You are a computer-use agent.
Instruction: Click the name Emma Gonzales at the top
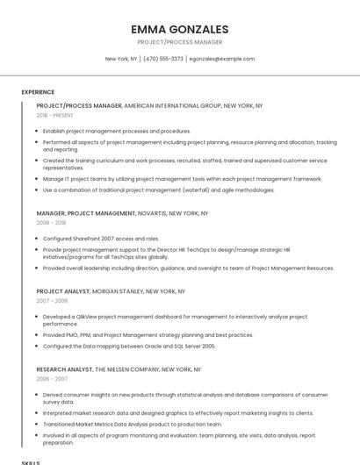coord(179,29)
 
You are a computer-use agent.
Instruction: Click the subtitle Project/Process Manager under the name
coord(179,42)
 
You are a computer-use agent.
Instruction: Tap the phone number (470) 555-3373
coord(163,59)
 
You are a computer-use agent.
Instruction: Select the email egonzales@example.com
coord(222,59)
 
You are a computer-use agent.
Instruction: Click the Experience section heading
coord(38,92)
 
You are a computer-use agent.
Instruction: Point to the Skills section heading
coord(31,461)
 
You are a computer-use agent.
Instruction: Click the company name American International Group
coord(172,105)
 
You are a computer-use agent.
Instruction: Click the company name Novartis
coord(152,213)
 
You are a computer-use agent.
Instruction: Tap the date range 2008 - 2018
coord(51,223)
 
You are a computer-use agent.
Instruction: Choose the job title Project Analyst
coord(64,291)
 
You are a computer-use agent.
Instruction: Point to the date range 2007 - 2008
coord(51,301)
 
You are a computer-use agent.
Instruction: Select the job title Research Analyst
coord(64,369)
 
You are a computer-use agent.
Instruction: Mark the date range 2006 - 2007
coord(51,379)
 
